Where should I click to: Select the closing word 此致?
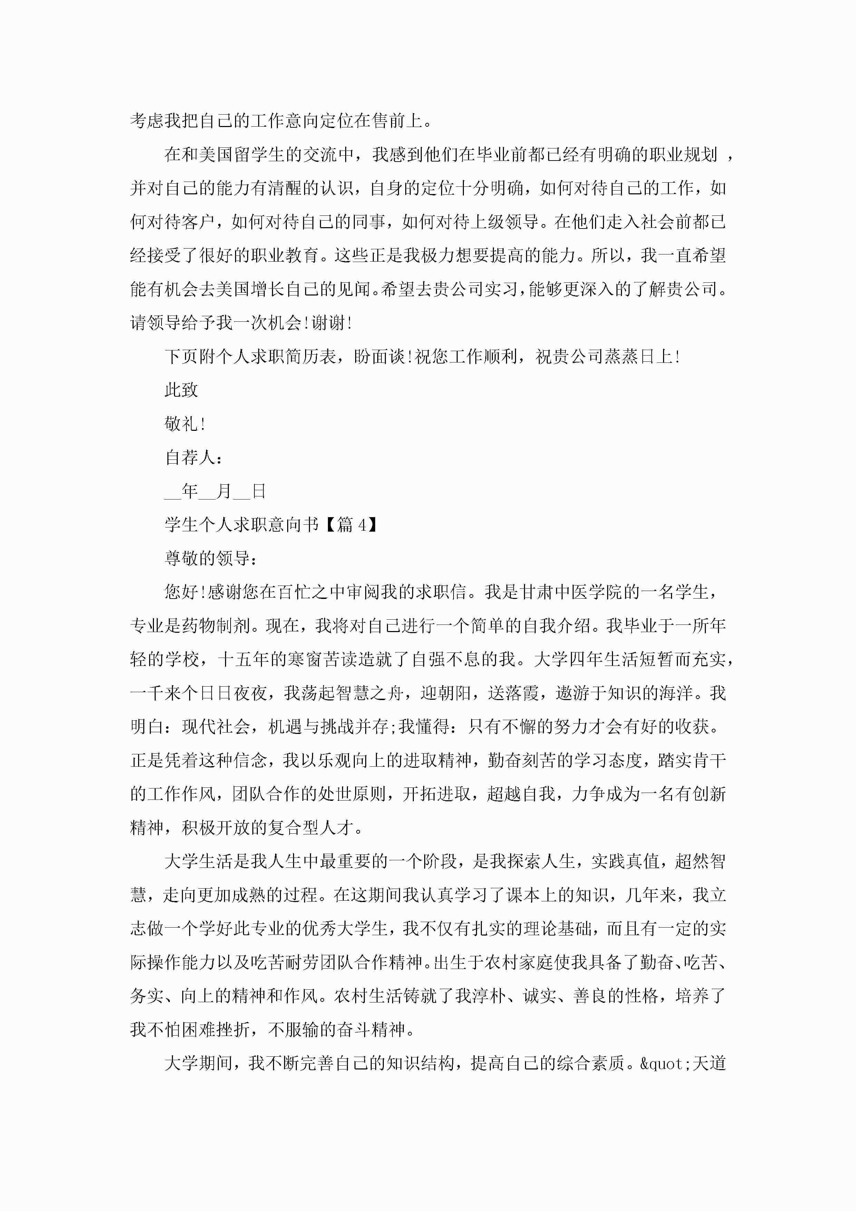tap(182, 390)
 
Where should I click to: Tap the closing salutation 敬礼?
tap(182, 424)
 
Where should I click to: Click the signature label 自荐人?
tap(190, 457)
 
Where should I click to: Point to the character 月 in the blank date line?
tap(224, 491)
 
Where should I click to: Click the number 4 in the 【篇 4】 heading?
tap(362, 525)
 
